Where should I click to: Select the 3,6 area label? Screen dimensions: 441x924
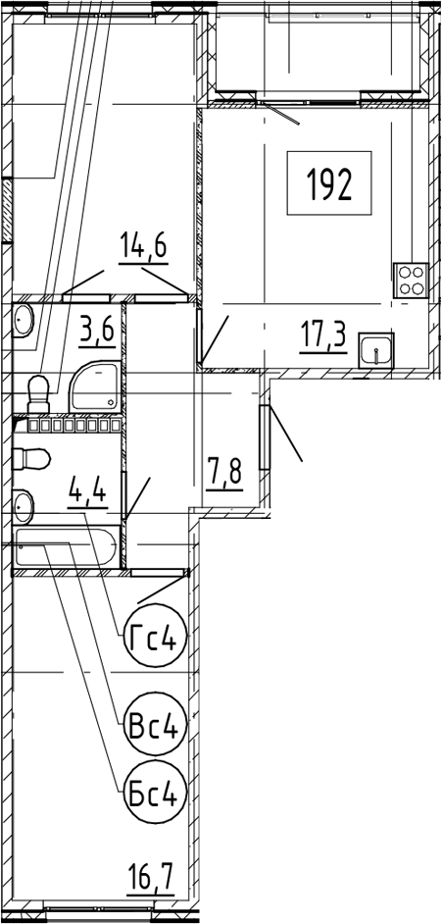(97, 333)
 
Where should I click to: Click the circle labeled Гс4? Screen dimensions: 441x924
(153, 636)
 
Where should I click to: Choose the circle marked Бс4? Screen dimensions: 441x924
(153, 793)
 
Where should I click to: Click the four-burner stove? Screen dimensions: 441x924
(411, 280)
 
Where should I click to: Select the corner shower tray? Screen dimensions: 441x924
(95, 387)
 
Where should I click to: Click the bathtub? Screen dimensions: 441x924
(67, 548)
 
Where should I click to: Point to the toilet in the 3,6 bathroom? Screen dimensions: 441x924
(38, 393)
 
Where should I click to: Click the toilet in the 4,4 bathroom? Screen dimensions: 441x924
(31, 460)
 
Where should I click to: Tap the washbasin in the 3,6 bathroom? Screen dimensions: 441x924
(23, 321)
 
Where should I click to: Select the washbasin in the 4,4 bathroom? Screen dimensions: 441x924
(23, 505)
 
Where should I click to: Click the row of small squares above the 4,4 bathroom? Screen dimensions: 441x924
(72, 425)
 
